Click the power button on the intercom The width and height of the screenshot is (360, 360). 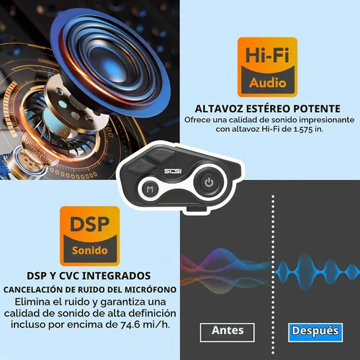(x=209, y=182)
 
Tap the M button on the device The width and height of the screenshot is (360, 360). (x=150, y=189)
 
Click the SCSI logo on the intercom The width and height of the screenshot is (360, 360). (x=173, y=171)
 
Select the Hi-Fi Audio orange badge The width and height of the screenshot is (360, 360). (x=267, y=67)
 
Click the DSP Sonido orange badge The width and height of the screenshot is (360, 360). (x=90, y=236)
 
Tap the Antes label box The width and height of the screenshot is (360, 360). (x=228, y=333)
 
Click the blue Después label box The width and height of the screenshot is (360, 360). (x=315, y=333)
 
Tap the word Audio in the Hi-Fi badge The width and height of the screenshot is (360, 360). (x=268, y=83)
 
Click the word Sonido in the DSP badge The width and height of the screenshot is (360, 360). (x=90, y=251)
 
